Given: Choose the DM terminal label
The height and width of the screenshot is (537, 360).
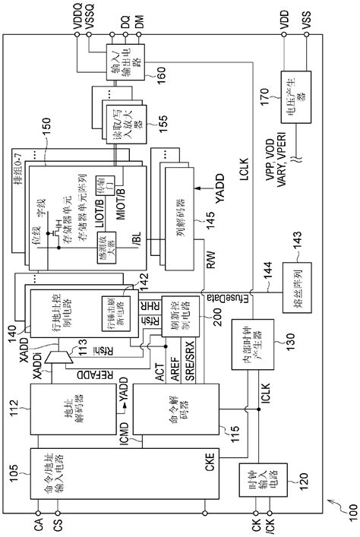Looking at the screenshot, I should (137, 18).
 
